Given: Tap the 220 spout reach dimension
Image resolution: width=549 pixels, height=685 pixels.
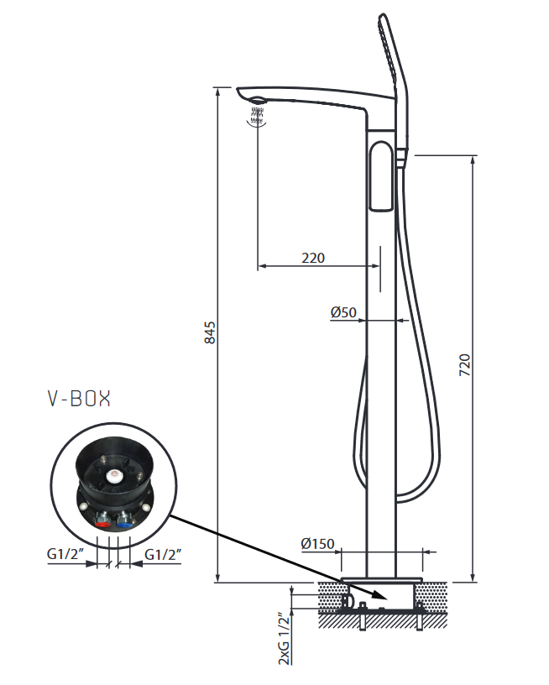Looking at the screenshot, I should [313, 258].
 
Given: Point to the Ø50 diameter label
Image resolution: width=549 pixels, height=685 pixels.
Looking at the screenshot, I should [344, 312].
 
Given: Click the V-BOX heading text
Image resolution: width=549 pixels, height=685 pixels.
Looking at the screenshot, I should [78, 399].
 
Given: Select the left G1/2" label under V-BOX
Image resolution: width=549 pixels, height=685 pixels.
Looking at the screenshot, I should [65, 556].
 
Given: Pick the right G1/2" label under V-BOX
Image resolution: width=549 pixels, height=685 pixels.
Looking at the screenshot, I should [163, 556].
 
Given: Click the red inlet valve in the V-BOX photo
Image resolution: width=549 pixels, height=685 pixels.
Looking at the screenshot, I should [103, 521].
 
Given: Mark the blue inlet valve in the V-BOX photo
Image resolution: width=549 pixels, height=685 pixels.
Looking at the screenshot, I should [127, 521].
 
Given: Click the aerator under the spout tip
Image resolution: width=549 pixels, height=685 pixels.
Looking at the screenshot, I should [256, 106].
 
